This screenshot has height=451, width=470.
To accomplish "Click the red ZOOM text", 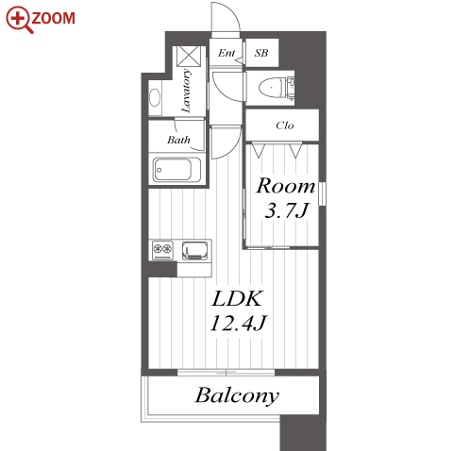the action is coord(53,18).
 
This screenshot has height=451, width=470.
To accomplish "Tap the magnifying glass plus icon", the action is coord(19,20).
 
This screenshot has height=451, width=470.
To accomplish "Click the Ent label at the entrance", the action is coord(227,53).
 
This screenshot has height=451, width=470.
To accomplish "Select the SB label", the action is coord(261,53).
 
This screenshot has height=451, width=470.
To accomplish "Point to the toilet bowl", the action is coord(273,88).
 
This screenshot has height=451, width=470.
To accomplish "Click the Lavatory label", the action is coord(186,92).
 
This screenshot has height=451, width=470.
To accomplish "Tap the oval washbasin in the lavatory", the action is coord(155,98).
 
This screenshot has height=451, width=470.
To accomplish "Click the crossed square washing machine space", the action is coord(189,57).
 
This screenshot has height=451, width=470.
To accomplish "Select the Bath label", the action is coord(178,140).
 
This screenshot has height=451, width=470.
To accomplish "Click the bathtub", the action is coord(177,170).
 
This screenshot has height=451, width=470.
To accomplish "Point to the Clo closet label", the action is coord(285,125).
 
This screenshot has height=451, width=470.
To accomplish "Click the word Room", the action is coord(285,186).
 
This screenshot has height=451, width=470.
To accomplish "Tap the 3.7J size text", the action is coord(287,210).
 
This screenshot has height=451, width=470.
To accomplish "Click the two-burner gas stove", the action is coord(162,250).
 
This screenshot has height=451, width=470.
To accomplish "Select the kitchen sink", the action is coord(195,250).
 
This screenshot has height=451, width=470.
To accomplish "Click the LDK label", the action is coord(237,298).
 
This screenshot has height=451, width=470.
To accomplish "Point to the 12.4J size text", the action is coord(238,323).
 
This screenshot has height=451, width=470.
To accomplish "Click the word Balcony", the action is coord(237,395).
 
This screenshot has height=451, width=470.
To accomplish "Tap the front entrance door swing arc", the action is coord(234,12).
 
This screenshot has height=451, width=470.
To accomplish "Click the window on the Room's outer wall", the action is coord(322,193).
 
